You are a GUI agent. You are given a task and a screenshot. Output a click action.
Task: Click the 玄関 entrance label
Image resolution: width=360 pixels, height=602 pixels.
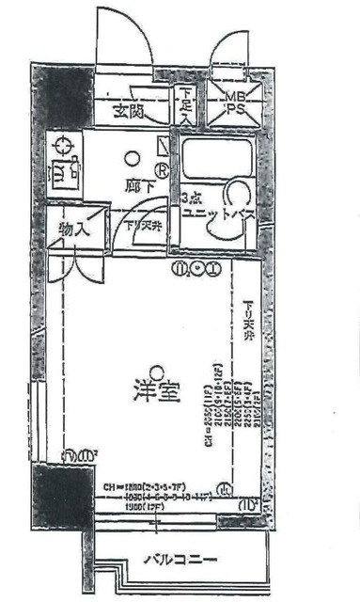(x=129, y=112)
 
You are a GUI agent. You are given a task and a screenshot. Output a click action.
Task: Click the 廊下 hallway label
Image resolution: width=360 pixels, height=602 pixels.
(x=137, y=185)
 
